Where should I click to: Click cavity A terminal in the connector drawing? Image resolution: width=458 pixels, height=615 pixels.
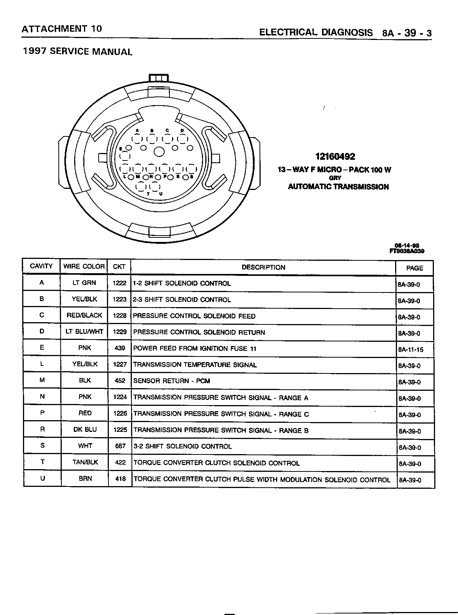pos(137,139)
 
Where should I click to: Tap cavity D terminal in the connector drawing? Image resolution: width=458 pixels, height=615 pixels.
pos(182,139)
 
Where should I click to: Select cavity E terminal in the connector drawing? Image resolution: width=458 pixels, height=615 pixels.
pos(125,155)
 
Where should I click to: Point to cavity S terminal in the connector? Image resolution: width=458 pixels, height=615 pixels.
pos(191,169)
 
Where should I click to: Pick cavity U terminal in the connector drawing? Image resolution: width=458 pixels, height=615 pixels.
pos(154,187)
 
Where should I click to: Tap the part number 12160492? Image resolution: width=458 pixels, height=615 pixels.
pos(335,156)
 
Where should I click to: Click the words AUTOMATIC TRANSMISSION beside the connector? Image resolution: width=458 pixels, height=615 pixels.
pos(338,187)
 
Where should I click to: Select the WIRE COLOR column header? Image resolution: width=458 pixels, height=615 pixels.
pos(84,266)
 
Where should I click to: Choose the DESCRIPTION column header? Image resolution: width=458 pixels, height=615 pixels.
pos(263,267)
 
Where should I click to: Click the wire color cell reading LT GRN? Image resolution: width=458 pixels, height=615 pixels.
pos(84,283)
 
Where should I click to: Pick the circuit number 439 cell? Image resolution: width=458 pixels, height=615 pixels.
pos(120,348)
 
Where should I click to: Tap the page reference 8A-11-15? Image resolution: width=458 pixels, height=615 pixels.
pos(411,350)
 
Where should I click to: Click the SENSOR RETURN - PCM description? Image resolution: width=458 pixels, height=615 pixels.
pos(172,381)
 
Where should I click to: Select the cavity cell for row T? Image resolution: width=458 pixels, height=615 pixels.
pos(42,462)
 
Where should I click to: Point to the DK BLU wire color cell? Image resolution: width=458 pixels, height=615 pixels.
pos(85,430)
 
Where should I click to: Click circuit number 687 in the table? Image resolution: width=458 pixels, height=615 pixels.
pos(120,446)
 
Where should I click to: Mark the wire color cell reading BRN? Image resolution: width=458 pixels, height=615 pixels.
pos(85,479)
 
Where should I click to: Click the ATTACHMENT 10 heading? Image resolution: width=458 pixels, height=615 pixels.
pos(62,29)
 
